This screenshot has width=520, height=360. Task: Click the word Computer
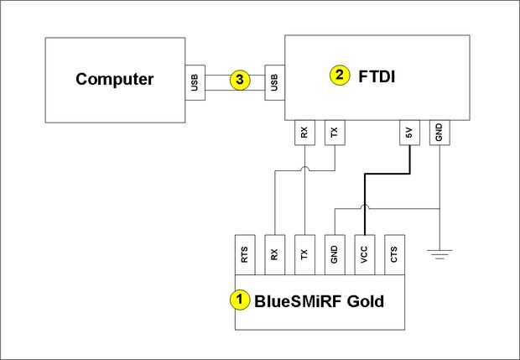click(x=115, y=80)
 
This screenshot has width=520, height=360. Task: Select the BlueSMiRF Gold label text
click(x=320, y=299)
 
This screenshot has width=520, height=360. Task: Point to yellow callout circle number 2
click(x=339, y=76)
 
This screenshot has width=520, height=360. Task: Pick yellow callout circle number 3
click(x=240, y=81)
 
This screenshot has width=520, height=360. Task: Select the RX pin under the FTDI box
click(x=304, y=132)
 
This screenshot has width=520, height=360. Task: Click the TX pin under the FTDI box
click(x=334, y=132)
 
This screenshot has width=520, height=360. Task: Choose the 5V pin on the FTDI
click(x=408, y=132)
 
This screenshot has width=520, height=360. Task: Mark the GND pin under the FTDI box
click(x=439, y=132)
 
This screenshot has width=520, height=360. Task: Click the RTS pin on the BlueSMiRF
click(x=244, y=254)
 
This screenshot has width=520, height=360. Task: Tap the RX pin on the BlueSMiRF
click(x=274, y=254)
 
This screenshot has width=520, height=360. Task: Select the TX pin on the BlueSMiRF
click(x=304, y=254)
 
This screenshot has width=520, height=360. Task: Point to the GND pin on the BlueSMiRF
click(x=334, y=254)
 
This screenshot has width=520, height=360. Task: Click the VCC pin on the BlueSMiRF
click(x=364, y=254)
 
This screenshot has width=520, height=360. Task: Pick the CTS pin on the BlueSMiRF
click(x=394, y=254)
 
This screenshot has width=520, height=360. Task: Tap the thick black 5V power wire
click(x=386, y=175)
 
